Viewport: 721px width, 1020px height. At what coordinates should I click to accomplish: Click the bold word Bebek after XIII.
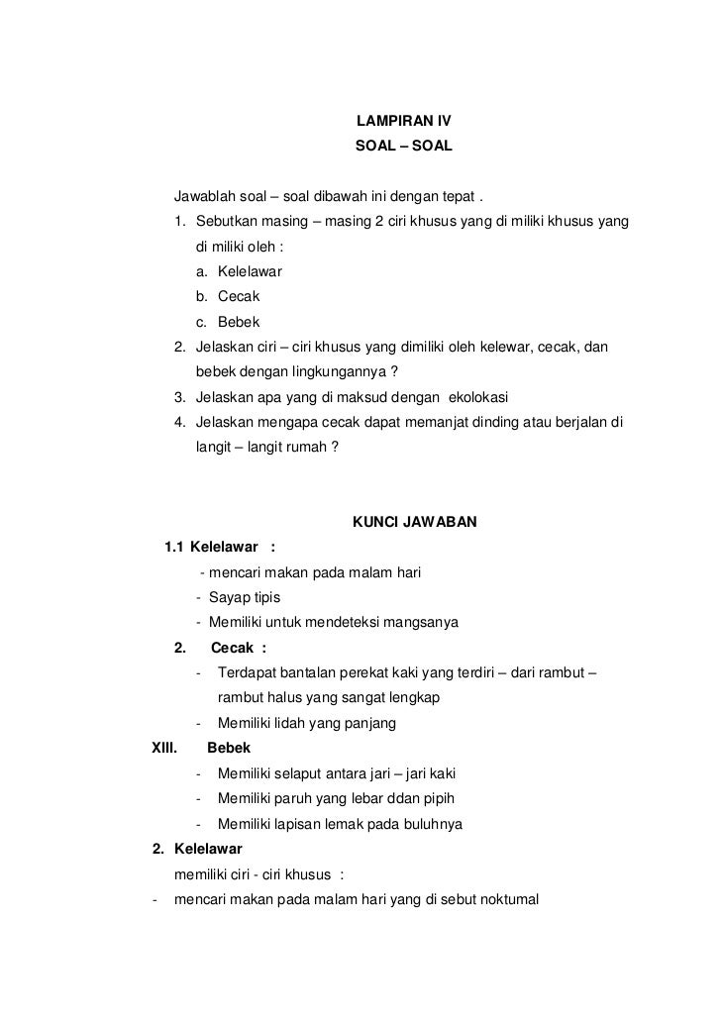pyautogui.click(x=228, y=748)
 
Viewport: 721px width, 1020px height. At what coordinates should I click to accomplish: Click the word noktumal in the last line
pyautogui.click(x=503, y=900)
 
